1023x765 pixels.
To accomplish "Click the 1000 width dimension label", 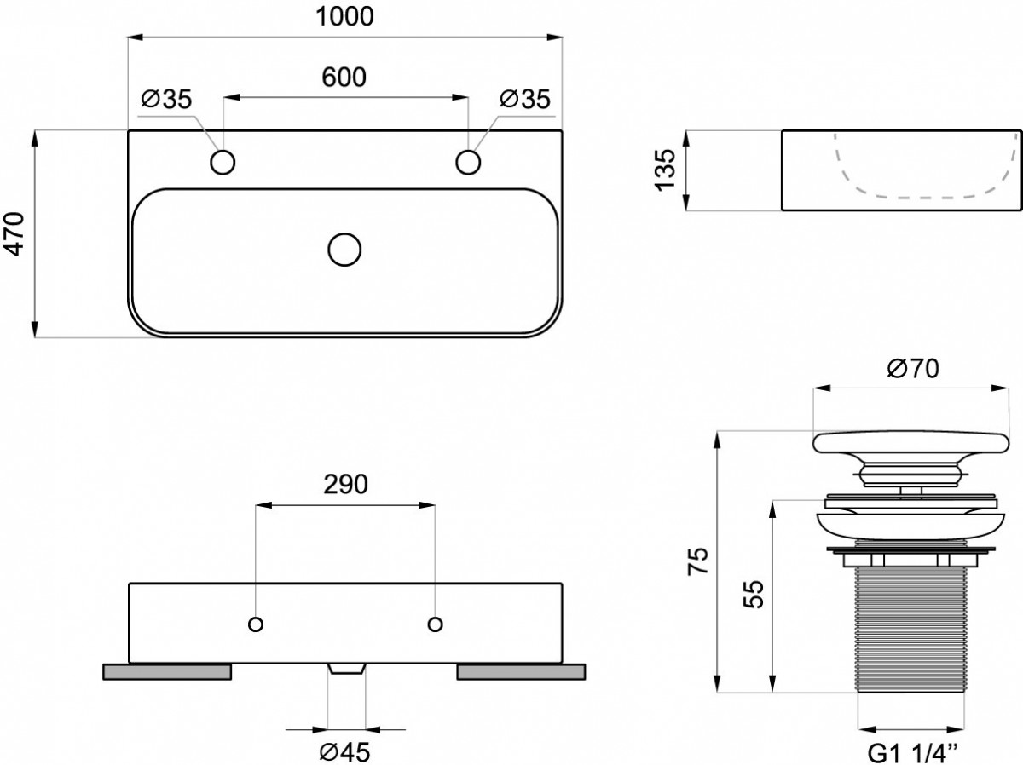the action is point(345,17).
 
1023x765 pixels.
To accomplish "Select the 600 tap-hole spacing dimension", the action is point(344,78).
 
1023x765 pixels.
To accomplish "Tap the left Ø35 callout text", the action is point(166,99).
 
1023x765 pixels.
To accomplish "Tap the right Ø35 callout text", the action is point(525,99).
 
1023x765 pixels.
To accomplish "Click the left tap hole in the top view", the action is point(223,163).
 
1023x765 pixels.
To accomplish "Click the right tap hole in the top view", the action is point(468,163).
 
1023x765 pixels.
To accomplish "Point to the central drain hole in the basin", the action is point(344,250).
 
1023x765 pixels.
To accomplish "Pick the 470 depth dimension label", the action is point(14,233).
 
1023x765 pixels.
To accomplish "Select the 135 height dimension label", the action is point(665,170).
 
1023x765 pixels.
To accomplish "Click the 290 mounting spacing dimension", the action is point(345,484).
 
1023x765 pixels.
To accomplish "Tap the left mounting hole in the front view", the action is point(256,624).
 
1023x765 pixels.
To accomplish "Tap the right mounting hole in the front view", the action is point(435,624).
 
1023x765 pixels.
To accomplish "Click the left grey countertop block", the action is point(167,672).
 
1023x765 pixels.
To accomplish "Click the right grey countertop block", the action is point(521,672).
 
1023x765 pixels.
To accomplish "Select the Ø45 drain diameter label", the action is point(345,751).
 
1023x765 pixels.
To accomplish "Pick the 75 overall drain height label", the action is point(698,561).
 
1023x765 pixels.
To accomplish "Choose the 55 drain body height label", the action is point(753,594).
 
